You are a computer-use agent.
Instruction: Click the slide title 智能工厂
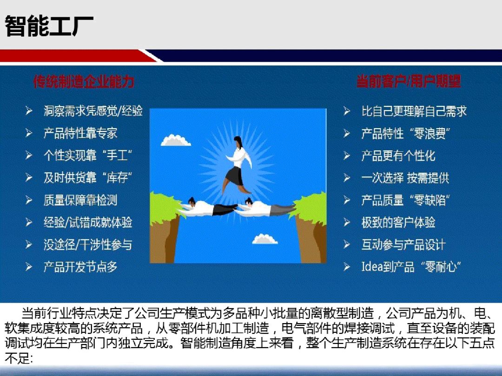coord(49,26)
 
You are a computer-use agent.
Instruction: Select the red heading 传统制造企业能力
coord(84,82)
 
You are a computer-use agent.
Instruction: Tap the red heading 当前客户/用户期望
coord(409,81)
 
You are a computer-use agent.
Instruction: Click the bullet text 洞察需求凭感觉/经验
coord(93,111)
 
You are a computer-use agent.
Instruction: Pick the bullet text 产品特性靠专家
coord(80,133)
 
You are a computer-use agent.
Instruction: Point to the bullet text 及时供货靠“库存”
coord(88,178)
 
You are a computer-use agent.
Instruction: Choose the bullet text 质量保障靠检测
coord(80,200)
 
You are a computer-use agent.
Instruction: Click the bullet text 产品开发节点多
coord(80,267)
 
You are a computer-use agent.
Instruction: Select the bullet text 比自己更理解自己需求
coord(414,111)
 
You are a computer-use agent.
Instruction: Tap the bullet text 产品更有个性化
coord(398,156)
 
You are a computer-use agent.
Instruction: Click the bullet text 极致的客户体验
coord(398,222)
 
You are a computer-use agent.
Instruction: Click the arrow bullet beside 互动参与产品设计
coord(347,245)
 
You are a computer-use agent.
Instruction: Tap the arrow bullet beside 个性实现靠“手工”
coord(29,156)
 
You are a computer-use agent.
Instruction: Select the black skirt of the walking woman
coord(235,176)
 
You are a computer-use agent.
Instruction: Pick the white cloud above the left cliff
coord(175,140)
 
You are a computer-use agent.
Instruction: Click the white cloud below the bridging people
coord(265,239)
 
